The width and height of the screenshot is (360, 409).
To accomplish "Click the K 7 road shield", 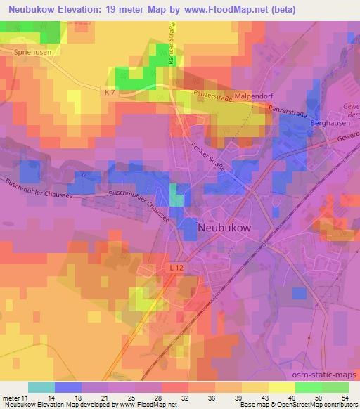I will tap(108, 93).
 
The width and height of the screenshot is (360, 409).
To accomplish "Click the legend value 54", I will tap(344, 397).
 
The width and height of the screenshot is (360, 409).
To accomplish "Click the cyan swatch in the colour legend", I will tap(41, 387).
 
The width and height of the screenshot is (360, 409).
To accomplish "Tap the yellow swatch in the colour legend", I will tap(281, 387).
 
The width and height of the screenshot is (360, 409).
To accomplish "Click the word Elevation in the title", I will tap(77, 9).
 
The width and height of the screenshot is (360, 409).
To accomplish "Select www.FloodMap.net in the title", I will tap(226, 9).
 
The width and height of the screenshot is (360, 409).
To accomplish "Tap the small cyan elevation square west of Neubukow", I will tap(177, 200).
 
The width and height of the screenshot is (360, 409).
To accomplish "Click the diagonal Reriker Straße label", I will tap(209, 150).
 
